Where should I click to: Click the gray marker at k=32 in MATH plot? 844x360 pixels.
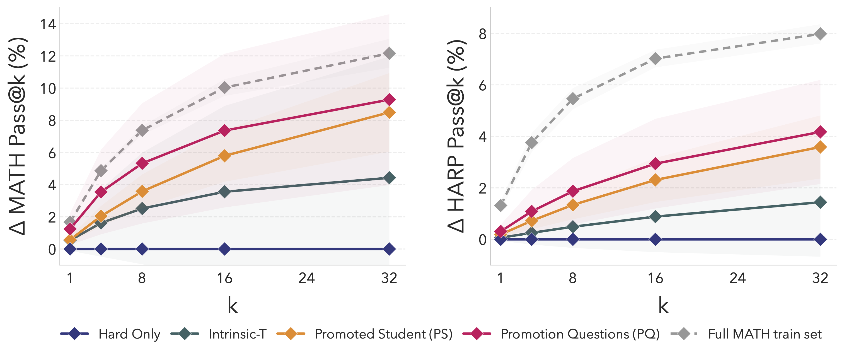(389, 53)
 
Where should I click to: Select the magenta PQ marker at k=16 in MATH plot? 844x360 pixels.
(224, 131)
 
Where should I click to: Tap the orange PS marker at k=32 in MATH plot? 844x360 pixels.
(389, 112)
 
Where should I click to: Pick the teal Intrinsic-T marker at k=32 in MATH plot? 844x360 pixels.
(389, 178)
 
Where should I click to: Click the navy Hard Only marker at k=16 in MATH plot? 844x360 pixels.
(224, 249)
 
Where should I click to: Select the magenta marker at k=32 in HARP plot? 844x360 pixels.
(820, 132)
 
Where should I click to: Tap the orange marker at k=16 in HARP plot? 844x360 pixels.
(655, 180)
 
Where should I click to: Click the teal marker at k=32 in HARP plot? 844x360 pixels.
(820, 202)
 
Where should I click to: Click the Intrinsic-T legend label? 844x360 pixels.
(237, 334)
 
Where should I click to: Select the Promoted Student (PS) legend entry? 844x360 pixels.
(383, 334)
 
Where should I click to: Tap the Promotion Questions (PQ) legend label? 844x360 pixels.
(580, 334)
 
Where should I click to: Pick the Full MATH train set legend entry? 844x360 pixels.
(764, 334)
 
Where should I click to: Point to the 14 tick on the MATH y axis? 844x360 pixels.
(48, 24)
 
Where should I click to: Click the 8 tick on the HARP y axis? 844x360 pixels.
(482, 34)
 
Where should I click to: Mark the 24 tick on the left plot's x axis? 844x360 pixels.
(307, 278)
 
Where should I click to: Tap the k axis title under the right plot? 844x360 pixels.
(663, 305)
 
